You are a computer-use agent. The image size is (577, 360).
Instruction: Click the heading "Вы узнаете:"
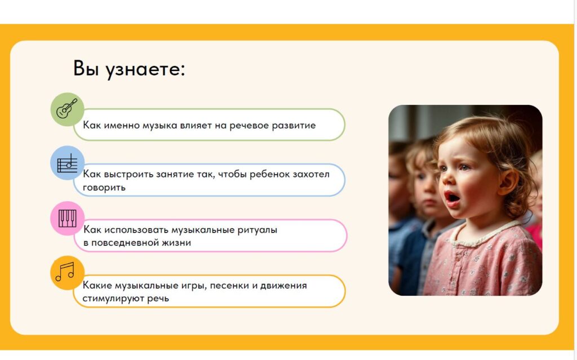point(129,69)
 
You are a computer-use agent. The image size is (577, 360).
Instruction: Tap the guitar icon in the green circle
point(67,109)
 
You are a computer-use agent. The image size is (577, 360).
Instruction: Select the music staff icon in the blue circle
point(68,163)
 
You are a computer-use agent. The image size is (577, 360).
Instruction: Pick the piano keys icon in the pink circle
point(68,218)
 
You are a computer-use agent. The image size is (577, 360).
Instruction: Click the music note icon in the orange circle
point(65,272)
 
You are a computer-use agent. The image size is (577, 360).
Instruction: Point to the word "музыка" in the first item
point(159,126)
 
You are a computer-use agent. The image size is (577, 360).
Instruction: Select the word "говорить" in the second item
point(104,188)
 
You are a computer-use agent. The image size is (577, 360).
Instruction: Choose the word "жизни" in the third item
point(177,243)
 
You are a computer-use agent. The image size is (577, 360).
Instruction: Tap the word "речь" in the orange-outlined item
point(158,299)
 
